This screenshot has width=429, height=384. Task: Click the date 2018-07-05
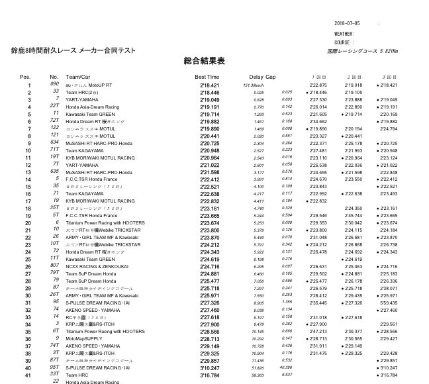click(x=348, y=23)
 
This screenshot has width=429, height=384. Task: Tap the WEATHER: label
click(x=344, y=33)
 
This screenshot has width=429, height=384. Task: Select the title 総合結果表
click(x=204, y=61)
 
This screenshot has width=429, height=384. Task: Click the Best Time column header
click(x=207, y=77)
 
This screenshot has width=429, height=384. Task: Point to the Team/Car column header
click(x=78, y=77)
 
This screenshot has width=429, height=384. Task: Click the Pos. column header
click(x=26, y=77)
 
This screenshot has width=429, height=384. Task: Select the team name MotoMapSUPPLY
click(x=84, y=338)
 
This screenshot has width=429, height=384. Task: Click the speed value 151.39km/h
click(x=254, y=85)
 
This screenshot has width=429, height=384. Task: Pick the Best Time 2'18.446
click(x=209, y=93)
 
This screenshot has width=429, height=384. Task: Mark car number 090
click(x=54, y=84)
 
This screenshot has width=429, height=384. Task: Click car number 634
click(x=54, y=142)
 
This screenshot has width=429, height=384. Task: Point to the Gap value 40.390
click(x=286, y=367)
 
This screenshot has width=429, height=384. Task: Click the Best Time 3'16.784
click(x=209, y=375)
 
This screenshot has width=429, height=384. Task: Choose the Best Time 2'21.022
click(x=209, y=165)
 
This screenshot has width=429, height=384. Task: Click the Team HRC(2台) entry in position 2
click(x=81, y=93)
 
